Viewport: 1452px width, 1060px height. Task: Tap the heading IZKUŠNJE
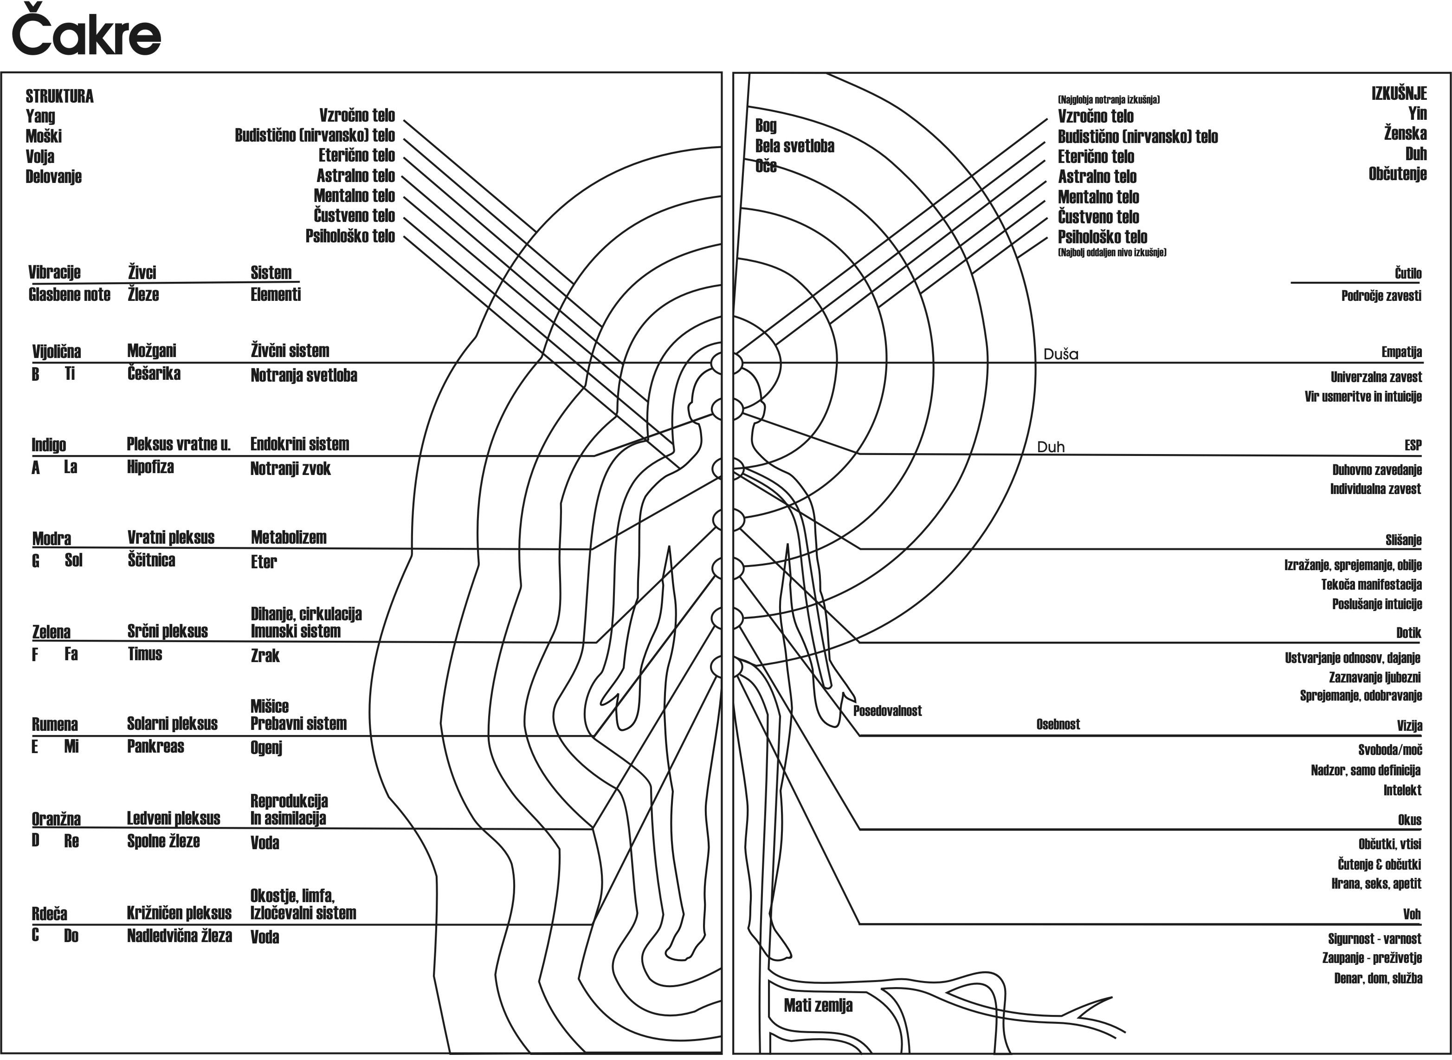[1399, 94]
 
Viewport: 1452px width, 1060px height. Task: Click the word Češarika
[154, 373]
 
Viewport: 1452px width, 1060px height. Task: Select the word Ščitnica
[151, 560]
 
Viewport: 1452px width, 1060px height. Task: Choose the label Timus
[145, 654]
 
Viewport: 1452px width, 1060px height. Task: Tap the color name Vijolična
[57, 351]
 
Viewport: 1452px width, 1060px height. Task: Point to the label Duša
[1061, 353]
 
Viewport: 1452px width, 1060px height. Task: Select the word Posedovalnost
[887, 710]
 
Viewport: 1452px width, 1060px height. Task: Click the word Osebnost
[1058, 724]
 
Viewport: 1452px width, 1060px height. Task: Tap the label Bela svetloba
[794, 146]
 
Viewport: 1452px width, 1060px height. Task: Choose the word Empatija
[1401, 351]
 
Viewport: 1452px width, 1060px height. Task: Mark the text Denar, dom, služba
[1378, 978]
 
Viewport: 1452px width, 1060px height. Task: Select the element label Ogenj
[266, 748]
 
